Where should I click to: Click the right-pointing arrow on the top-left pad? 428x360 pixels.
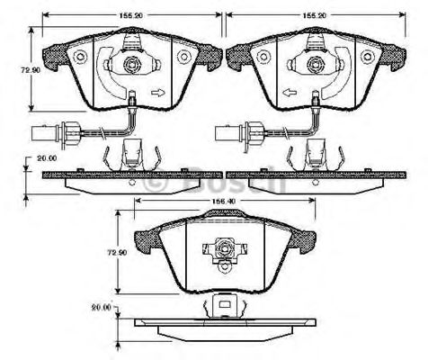point(159,92)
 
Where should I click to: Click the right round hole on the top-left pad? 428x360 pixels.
point(185,57)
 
